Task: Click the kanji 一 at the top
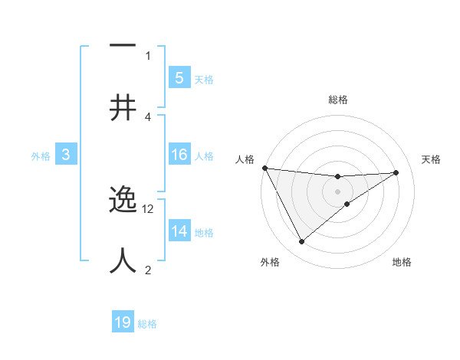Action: point(123,47)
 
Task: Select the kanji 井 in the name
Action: point(123,107)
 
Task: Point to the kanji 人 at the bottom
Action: point(123,260)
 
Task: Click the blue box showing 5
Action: point(179,77)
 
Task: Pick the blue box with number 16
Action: point(179,155)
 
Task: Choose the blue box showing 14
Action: point(179,231)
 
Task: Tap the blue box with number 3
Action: point(66,155)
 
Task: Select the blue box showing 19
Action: point(123,322)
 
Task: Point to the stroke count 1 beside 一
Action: point(148,55)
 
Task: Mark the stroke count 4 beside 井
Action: point(148,116)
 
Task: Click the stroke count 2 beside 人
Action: point(148,270)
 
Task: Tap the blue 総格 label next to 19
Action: point(147,324)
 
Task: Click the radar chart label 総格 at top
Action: point(337,100)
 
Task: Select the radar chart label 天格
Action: point(432,159)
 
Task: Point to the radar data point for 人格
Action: point(264,168)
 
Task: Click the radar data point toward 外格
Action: point(301,242)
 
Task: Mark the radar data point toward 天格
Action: point(396,172)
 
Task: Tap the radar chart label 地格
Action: point(402,262)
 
